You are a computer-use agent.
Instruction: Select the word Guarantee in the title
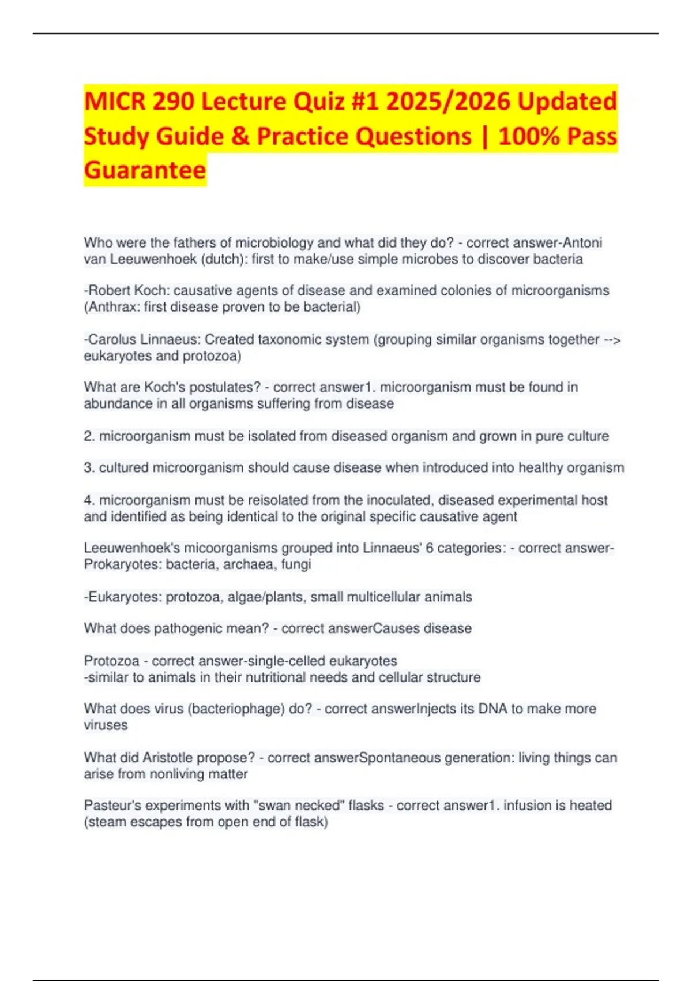point(145,170)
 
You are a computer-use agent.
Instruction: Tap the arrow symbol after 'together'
point(612,339)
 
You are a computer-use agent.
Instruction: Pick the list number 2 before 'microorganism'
point(89,436)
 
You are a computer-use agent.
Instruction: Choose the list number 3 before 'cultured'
point(89,467)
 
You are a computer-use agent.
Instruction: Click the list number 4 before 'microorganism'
point(89,500)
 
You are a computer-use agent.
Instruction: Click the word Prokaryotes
point(122,564)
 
